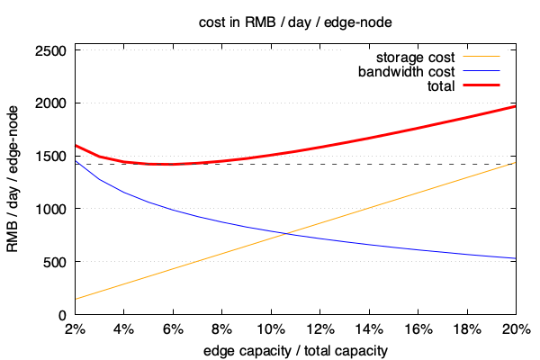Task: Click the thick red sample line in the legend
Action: pyautogui.click(x=481, y=86)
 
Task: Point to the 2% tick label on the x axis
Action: pyautogui.click(x=75, y=329)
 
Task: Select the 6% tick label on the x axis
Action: pyautogui.click(x=173, y=329)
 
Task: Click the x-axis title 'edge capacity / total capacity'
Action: pyautogui.click(x=294, y=350)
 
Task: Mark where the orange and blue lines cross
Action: pyautogui.click(x=285, y=234)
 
